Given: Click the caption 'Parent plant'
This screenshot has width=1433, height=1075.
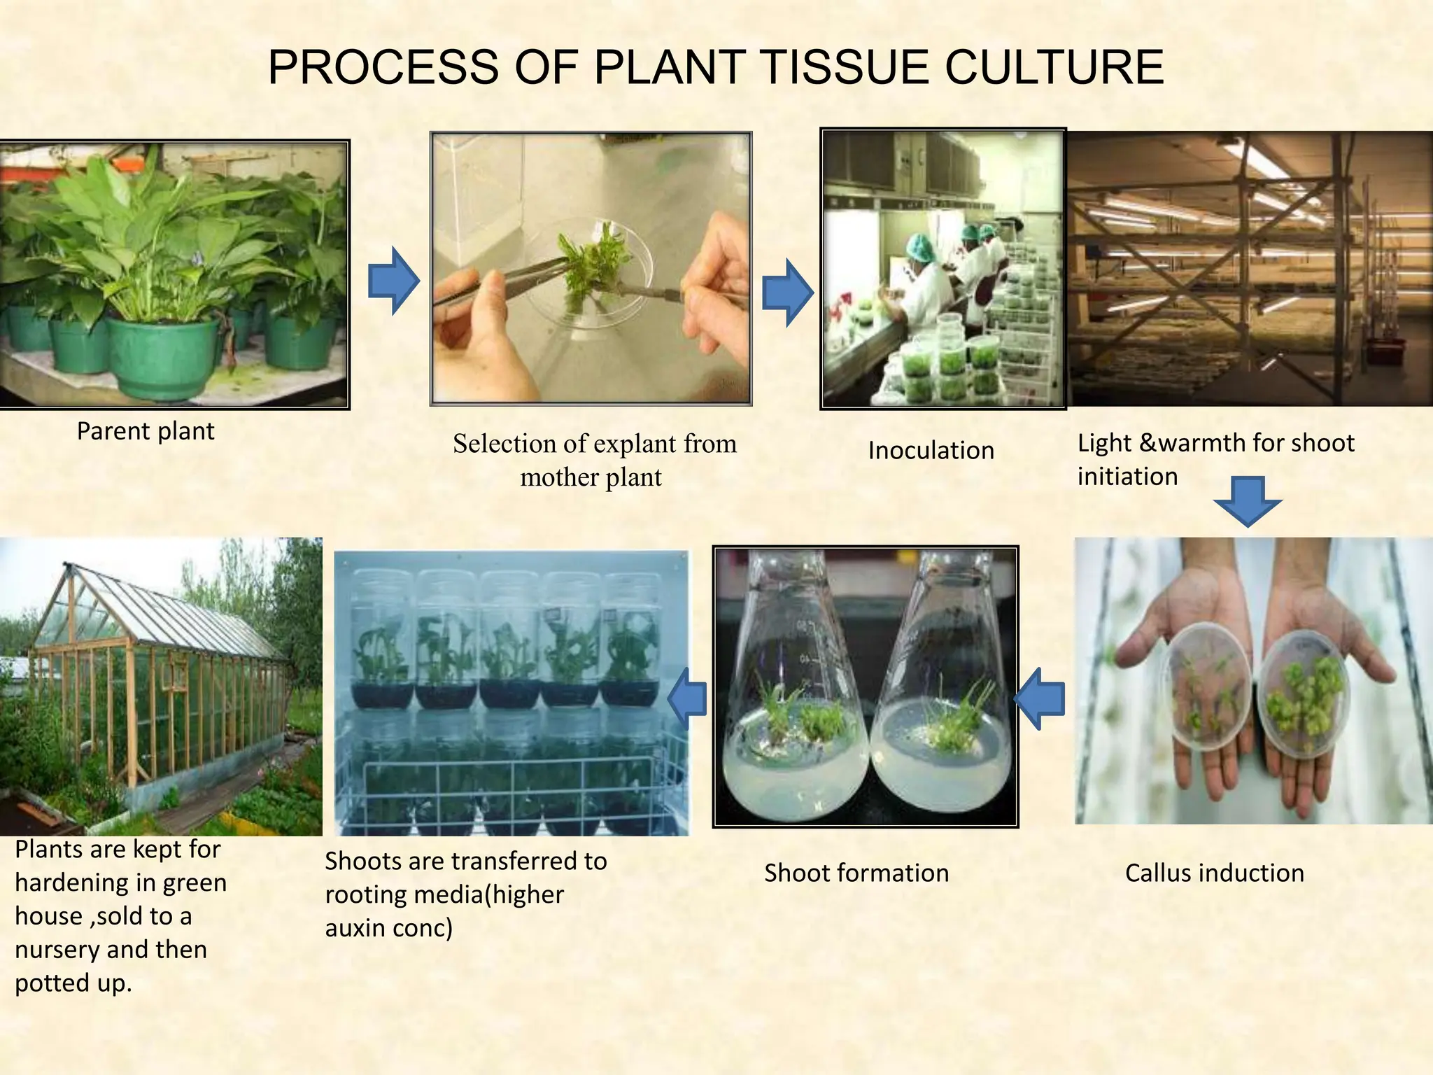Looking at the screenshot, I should click(x=145, y=431).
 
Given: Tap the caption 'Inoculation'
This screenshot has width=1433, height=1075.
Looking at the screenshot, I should click(x=931, y=450).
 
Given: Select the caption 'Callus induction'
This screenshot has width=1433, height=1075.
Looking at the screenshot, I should click(x=1214, y=873).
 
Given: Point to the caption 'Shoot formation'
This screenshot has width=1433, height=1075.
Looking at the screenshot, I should click(x=856, y=873).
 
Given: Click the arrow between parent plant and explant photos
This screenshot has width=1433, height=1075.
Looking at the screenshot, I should click(x=393, y=281).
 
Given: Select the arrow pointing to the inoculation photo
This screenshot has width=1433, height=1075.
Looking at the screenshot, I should click(x=787, y=293).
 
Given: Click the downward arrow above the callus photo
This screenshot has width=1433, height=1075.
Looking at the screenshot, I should click(x=1247, y=500).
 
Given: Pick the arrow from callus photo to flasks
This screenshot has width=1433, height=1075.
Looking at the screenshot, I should click(x=1040, y=698).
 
